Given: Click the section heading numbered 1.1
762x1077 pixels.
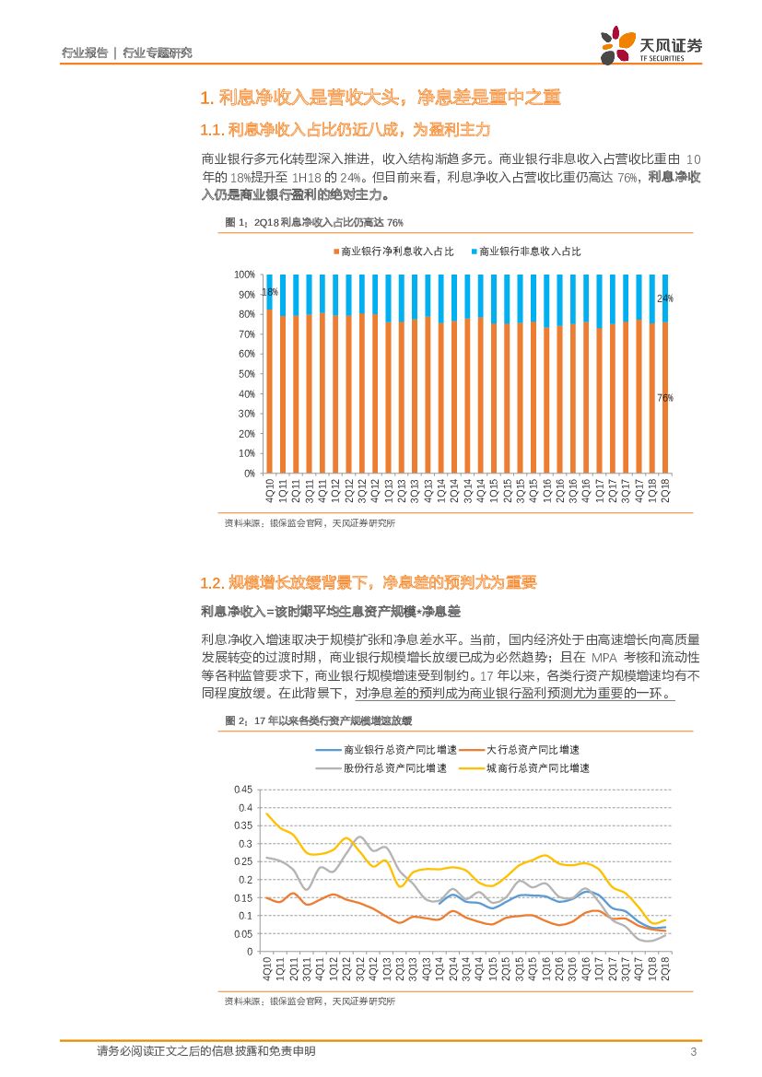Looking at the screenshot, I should [x=346, y=129].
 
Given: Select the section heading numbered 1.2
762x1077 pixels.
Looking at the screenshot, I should [x=368, y=582].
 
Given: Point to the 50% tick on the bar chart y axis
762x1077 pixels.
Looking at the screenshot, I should [x=245, y=374].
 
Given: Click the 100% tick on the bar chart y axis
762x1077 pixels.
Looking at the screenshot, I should [x=243, y=275].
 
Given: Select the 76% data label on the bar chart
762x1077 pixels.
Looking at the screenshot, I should [x=664, y=398].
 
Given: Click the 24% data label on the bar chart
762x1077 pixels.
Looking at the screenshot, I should [x=664, y=299].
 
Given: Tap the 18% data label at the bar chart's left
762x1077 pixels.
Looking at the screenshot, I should [x=269, y=292].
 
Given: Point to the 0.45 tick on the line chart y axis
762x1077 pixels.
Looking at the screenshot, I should [x=243, y=790].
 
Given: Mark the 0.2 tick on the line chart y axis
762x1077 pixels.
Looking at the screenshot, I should [x=246, y=879].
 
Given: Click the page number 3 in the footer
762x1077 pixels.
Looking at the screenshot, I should [x=692, y=1052].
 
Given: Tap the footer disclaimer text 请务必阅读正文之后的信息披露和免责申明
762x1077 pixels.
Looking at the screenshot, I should [x=206, y=1051].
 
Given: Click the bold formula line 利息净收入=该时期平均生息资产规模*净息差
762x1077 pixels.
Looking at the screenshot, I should [x=330, y=612].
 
